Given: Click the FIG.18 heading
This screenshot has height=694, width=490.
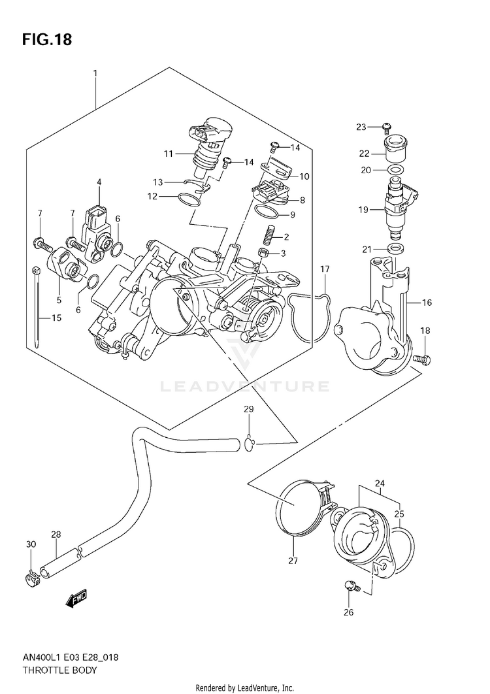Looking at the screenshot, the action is click(47, 40).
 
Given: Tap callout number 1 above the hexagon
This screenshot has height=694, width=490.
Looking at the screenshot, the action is click(95, 73).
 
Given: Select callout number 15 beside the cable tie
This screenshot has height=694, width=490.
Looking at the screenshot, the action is click(56, 318).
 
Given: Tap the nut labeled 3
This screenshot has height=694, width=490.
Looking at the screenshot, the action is click(264, 254).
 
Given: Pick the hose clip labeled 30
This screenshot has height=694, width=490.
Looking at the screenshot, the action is click(31, 576).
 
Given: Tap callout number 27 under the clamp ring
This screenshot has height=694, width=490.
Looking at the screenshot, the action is click(293, 561).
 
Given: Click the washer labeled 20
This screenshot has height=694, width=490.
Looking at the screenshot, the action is click(395, 170).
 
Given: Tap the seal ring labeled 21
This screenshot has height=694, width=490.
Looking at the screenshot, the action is click(395, 248).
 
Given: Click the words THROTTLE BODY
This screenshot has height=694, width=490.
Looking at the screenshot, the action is click(59, 670).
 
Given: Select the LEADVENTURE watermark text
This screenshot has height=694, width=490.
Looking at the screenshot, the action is click(244, 387).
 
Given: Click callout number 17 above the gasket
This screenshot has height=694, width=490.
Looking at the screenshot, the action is click(325, 269).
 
